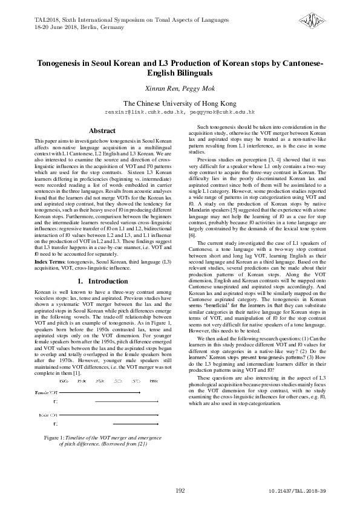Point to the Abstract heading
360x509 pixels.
102,131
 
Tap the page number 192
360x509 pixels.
180,490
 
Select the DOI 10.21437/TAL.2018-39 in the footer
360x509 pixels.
297,491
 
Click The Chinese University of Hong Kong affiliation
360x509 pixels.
180,103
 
